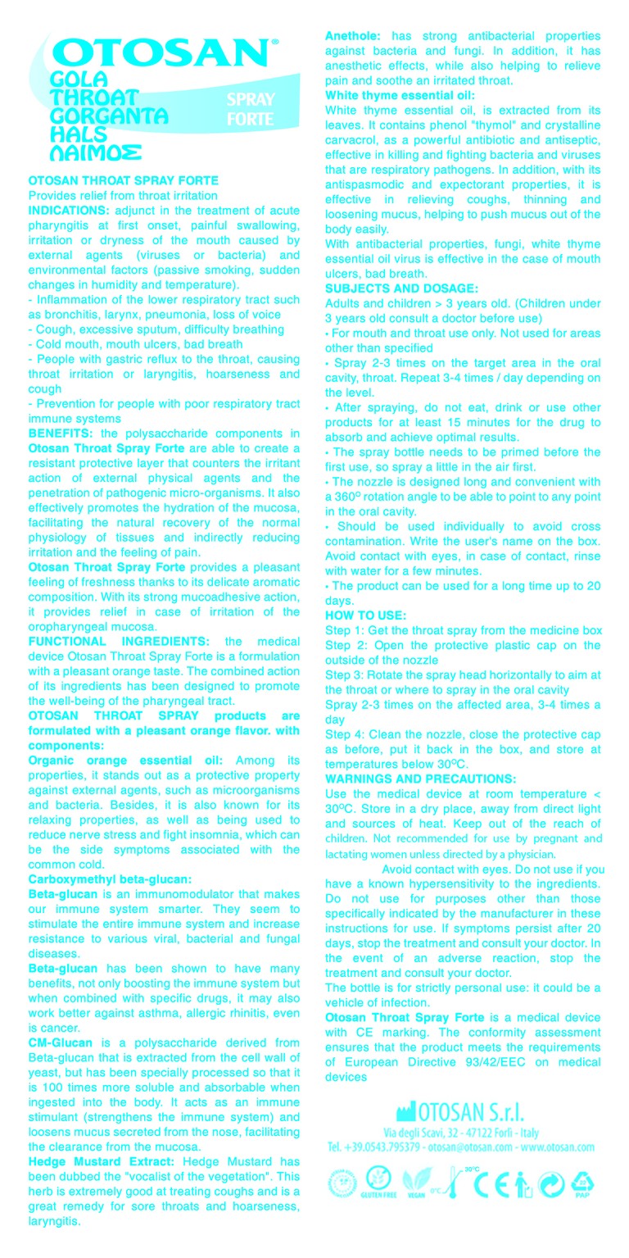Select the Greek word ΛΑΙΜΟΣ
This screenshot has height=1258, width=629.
(96, 152)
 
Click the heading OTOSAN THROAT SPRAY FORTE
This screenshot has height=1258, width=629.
(124, 180)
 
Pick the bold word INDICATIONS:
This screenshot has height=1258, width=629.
(69, 211)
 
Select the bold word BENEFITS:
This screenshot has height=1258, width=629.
(61, 433)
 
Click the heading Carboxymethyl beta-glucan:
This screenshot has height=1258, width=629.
(110, 879)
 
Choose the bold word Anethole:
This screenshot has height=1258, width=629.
(353, 36)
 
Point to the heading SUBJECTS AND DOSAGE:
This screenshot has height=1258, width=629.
(400, 288)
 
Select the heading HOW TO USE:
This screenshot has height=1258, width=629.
(365, 615)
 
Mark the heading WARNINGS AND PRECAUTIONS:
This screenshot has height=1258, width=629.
(420, 779)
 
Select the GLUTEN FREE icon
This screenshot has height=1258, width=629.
(378, 1182)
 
